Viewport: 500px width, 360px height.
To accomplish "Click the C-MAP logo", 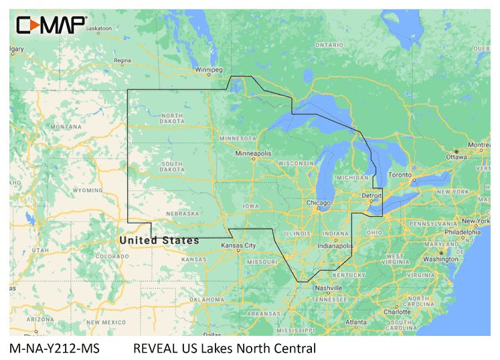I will coord(51,25).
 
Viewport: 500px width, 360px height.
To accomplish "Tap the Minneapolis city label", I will coord(252,153).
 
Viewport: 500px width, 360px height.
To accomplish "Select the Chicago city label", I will coord(317,202).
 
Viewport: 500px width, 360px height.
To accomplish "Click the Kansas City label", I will coord(238,246).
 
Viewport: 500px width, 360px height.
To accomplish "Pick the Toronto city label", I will coord(400,175).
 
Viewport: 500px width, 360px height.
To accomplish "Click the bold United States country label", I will coord(159,240).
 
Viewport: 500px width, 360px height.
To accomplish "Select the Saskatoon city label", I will coord(98,28).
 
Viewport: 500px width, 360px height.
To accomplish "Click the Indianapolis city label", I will coord(335,246).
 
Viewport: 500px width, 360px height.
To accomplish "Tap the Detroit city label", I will coord(371,195).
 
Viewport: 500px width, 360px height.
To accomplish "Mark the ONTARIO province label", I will coord(329,44).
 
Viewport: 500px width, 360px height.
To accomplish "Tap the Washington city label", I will coord(440,258).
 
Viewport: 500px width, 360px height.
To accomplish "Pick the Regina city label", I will coord(122,60).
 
